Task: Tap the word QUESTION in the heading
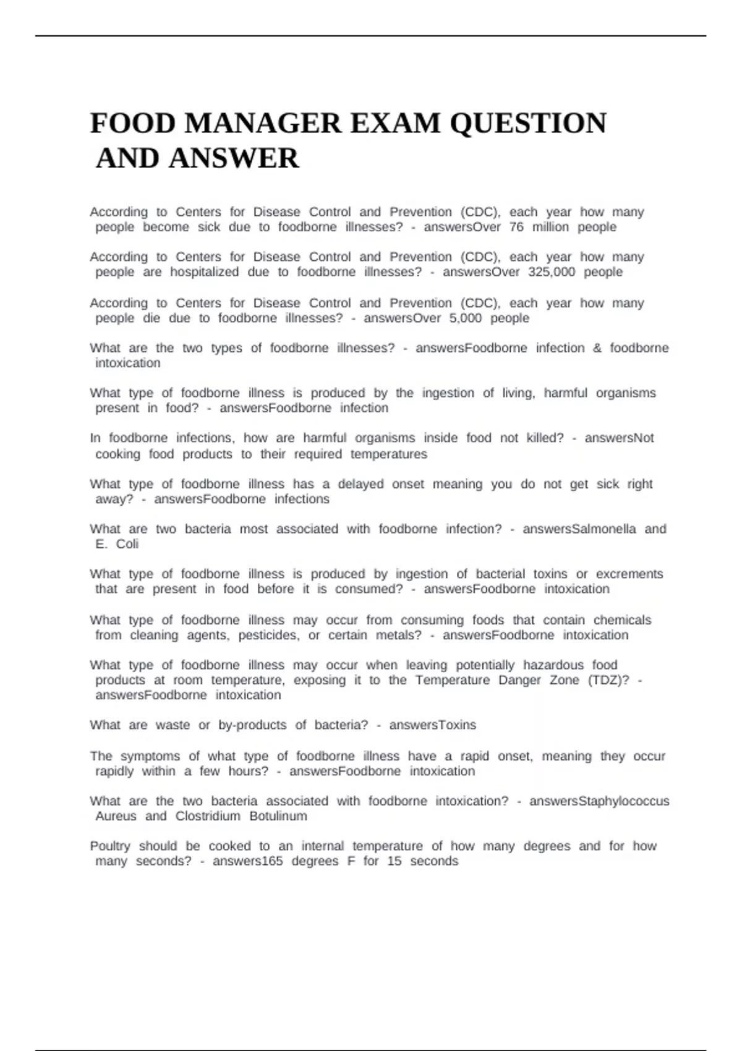pos(528,123)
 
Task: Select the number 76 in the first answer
pos(516,227)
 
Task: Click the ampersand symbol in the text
pos(597,348)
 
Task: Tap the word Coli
pos(127,544)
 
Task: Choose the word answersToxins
pos(433,725)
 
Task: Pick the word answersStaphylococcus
pos(599,801)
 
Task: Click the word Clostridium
pos(208,816)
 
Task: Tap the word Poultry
pos(110,846)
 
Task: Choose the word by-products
pos(252,725)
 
